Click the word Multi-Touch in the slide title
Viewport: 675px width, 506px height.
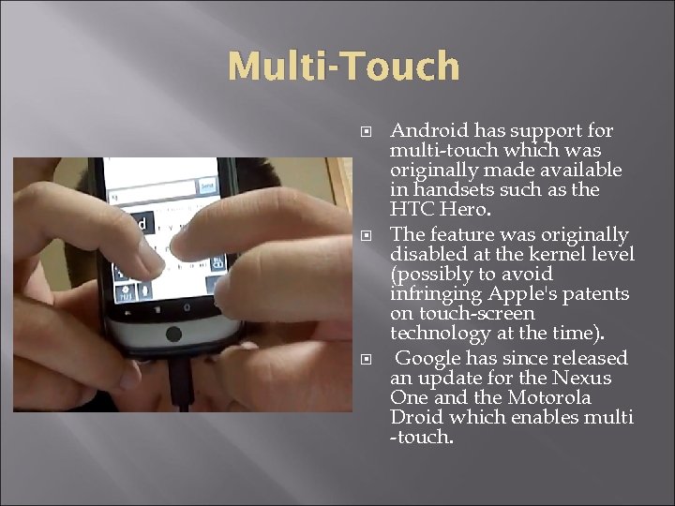[344, 67]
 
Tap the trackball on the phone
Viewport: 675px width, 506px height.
[173, 334]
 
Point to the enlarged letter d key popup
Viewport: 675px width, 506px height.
[141, 225]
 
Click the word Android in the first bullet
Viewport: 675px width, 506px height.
[429, 130]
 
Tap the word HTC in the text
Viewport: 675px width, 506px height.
[412, 210]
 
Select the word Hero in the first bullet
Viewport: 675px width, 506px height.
[467, 210]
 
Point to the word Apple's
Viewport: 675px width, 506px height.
[520, 293]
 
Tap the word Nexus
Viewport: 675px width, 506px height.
[580, 378]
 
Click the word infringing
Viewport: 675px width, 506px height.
[436, 293]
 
